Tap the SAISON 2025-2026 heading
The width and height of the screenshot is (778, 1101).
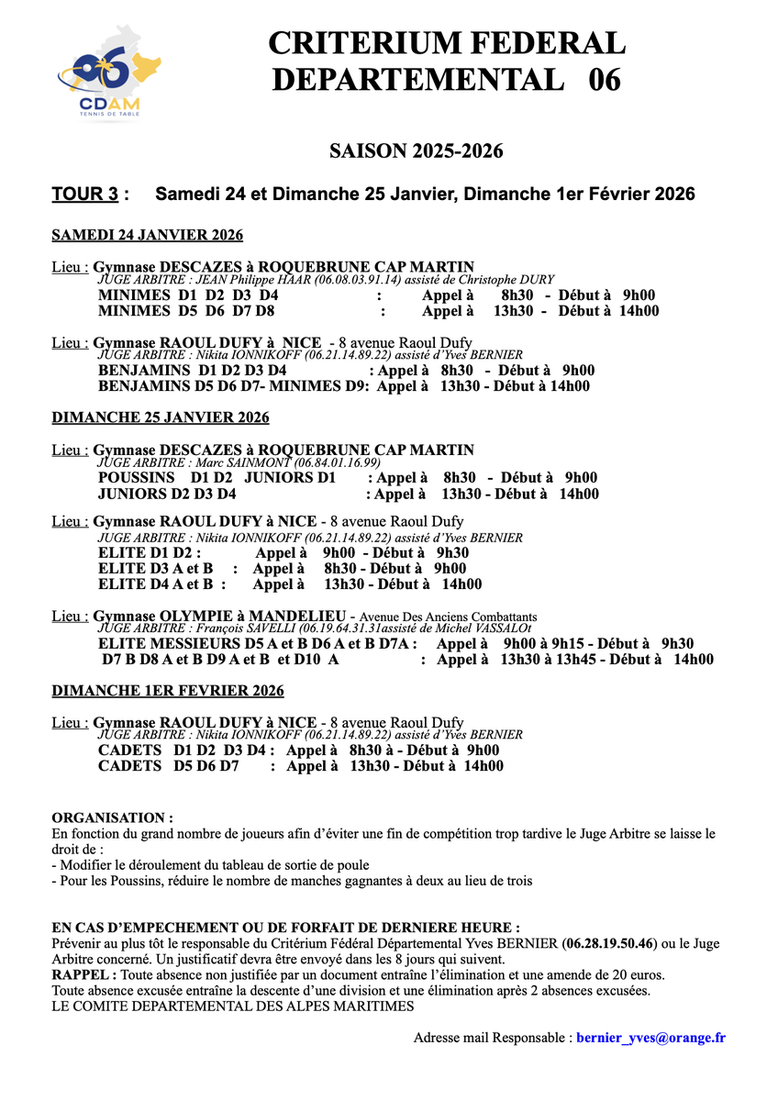click(417, 150)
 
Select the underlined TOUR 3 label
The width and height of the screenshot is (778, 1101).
click(85, 195)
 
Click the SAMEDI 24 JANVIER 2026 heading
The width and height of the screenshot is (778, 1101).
click(147, 236)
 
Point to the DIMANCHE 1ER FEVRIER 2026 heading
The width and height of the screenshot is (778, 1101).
click(168, 691)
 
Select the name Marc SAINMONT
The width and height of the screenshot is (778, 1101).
click(253, 462)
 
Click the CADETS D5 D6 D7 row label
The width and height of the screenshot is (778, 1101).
click(168, 766)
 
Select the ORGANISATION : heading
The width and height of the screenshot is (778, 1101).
click(112, 817)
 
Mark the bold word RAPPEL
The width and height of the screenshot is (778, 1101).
click(81, 974)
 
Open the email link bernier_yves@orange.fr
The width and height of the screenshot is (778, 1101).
click(651, 1038)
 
